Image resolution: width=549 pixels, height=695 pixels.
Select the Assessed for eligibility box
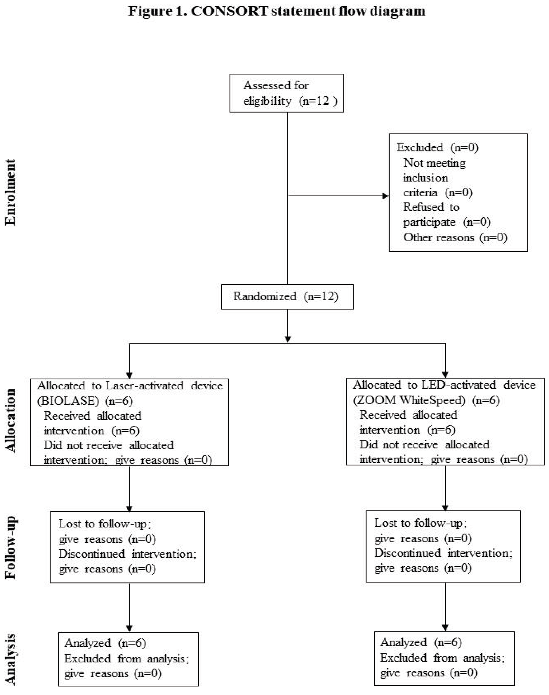coord(287,93)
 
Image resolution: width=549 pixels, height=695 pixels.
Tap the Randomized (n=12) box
coord(287,296)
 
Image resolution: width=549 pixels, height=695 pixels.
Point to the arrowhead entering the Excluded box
coord(385,196)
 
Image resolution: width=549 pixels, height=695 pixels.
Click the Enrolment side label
coord(11,192)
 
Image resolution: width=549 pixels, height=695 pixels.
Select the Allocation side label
coord(11,420)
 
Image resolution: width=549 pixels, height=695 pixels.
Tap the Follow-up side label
coord(11,547)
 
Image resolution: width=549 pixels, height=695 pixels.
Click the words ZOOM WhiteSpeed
coord(409,400)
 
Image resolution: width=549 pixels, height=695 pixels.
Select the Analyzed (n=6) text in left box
coord(105,643)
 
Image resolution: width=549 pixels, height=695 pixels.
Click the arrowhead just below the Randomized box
coord(288,339)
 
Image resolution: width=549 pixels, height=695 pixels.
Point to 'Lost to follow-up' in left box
coord(102,524)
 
